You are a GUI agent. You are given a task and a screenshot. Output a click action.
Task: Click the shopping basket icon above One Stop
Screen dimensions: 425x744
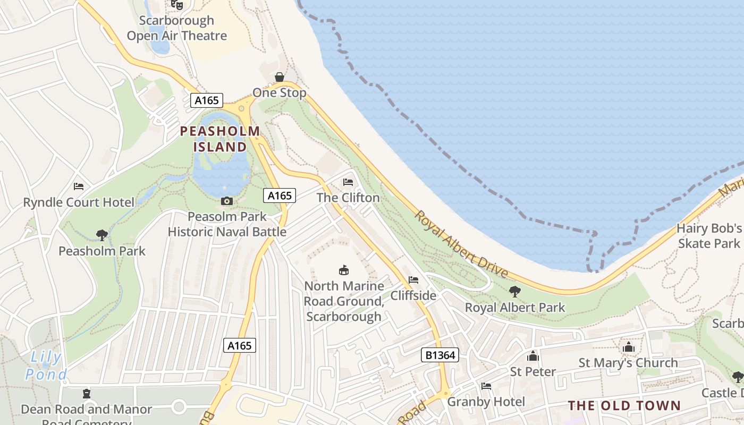(x=280, y=77)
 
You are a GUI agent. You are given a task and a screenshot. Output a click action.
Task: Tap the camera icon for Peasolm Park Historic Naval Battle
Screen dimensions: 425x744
(x=227, y=201)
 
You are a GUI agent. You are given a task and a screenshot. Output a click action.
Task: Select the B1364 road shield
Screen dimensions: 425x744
(x=440, y=355)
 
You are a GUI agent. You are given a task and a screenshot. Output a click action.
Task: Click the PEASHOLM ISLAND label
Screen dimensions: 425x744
(x=220, y=139)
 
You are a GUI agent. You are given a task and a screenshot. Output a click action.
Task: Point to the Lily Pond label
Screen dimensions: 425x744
(x=46, y=366)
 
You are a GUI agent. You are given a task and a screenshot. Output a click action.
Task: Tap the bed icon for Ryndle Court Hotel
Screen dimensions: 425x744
(x=79, y=186)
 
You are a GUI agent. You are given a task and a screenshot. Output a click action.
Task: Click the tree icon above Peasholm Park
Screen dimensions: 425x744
(x=102, y=235)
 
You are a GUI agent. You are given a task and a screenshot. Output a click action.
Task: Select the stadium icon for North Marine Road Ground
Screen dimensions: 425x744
(x=344, y=270)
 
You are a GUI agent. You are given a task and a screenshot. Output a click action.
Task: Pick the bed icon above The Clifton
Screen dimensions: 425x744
(x=348, y=182)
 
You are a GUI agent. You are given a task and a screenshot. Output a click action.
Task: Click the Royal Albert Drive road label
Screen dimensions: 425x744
(x=461, y=244)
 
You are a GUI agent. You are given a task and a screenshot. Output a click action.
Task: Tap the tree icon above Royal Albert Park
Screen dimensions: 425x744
(x=514, y=291)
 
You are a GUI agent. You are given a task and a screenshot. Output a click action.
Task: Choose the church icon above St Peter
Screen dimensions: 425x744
(x=532, y=356)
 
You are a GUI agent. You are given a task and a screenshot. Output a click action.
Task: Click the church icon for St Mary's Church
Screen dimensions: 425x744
(x=629, y=347)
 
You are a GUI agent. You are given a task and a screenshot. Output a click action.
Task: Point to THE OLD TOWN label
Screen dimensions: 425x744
(x=624, y=406)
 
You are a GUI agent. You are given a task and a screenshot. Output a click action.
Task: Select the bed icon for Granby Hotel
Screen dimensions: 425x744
(x=486, y=386)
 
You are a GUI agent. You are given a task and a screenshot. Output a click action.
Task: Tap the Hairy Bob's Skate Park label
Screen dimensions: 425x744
(x=709, y=236)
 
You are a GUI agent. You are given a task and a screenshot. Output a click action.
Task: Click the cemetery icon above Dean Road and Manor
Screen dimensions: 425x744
(x=86, y=394)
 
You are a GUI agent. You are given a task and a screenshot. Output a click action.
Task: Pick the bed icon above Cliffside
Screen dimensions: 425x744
(x=413, y=280)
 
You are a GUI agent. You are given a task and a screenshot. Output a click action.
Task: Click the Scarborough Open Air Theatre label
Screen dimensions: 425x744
(x=177, y=28)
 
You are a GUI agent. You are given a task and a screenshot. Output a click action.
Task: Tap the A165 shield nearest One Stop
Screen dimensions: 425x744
(x=206, y=100)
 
